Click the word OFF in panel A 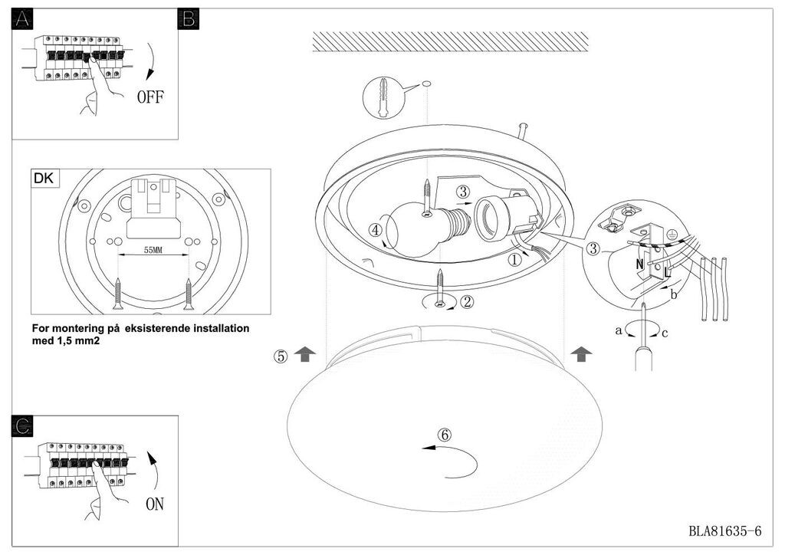tap(150, 97)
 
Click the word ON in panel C tap(155, 504)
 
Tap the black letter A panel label tap(22, 19)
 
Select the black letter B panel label tap(189, 19)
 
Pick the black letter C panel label tap(22, 426)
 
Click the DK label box tap(44, 178)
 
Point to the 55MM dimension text tap(153, 250)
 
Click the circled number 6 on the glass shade tap(445, 435)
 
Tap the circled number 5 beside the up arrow tap(281, 356)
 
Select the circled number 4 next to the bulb tap(375, 231)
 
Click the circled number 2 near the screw tap(467, 302)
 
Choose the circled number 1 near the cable tap(514, 260)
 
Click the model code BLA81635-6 tap(725, 531)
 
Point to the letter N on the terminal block tap(639, 264)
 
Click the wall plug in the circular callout tap(383, 97)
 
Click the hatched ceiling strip tap(450, 41)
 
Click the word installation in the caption tap(222, 329)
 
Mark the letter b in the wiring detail tap(673, 294)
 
